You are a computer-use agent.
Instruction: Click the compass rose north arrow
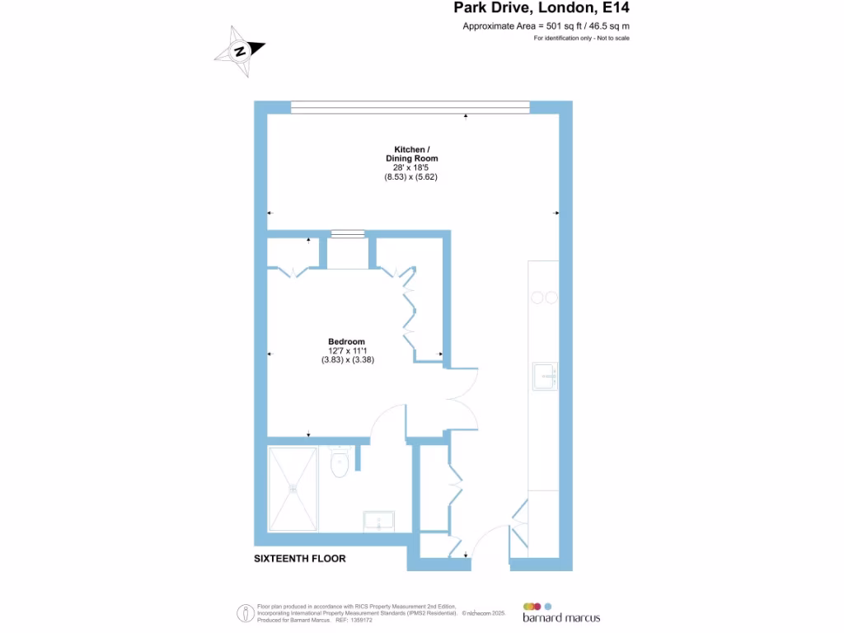point(241,51)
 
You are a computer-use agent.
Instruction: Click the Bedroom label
point(346,341)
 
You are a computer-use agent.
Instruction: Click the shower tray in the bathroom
point(293,487)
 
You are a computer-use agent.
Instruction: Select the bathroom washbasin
point(382,521)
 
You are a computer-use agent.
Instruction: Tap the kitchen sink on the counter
point(545,376)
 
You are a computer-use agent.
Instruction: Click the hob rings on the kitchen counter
point(544,298)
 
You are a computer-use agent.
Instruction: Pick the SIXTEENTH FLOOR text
point(300,559)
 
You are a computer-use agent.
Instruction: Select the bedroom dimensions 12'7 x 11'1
point(347,350)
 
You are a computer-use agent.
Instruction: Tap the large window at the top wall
point(410,107)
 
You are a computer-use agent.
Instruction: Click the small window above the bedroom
point(347,234)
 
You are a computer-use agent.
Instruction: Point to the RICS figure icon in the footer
point(245,613)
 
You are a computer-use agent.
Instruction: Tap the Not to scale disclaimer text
point(581,39)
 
